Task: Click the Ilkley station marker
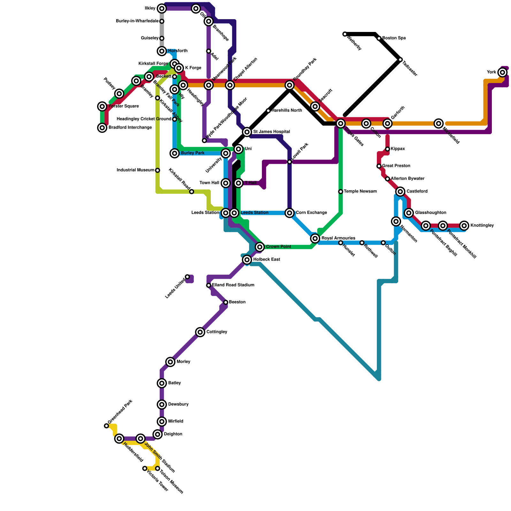162,8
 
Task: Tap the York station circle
503,72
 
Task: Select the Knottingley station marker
464,226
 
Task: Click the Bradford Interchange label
130,128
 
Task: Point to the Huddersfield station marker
119,439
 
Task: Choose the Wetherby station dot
345,34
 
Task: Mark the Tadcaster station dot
400,60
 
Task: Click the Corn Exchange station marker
290,213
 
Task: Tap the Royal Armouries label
338,238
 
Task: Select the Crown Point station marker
260,247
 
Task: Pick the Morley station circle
171,362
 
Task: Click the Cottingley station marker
200,332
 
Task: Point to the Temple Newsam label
360,192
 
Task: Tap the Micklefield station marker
439,124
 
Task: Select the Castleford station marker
400,192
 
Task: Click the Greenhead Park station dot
106,426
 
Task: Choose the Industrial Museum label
135,170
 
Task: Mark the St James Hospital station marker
247,132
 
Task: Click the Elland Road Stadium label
233,285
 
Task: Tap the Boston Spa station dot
379,38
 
